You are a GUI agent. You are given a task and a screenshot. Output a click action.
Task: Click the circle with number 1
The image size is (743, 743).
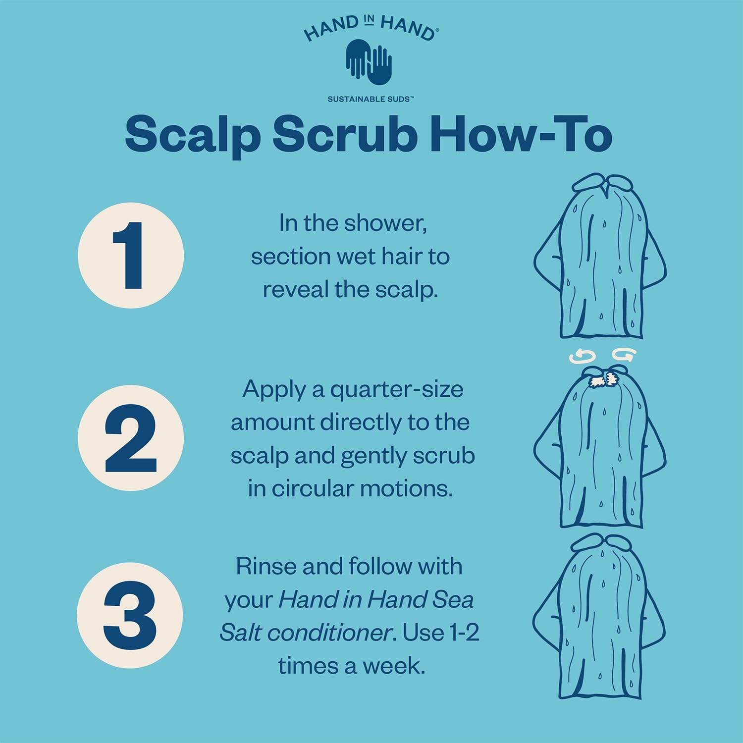(x=131, y=255)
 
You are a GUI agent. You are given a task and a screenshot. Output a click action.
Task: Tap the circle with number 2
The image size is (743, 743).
(x=131, y=438)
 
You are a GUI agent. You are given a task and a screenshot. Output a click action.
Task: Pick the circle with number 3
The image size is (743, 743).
(x=130, y=616)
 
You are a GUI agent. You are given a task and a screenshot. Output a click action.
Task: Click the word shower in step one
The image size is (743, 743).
(x=386, y=223)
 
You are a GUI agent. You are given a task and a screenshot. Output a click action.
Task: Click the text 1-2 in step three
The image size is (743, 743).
(x=464, y=633)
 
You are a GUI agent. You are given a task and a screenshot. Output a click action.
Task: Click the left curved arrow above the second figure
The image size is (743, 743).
(x=582, y=357)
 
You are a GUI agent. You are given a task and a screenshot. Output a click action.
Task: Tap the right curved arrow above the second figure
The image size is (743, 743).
(x=624, y=355)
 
